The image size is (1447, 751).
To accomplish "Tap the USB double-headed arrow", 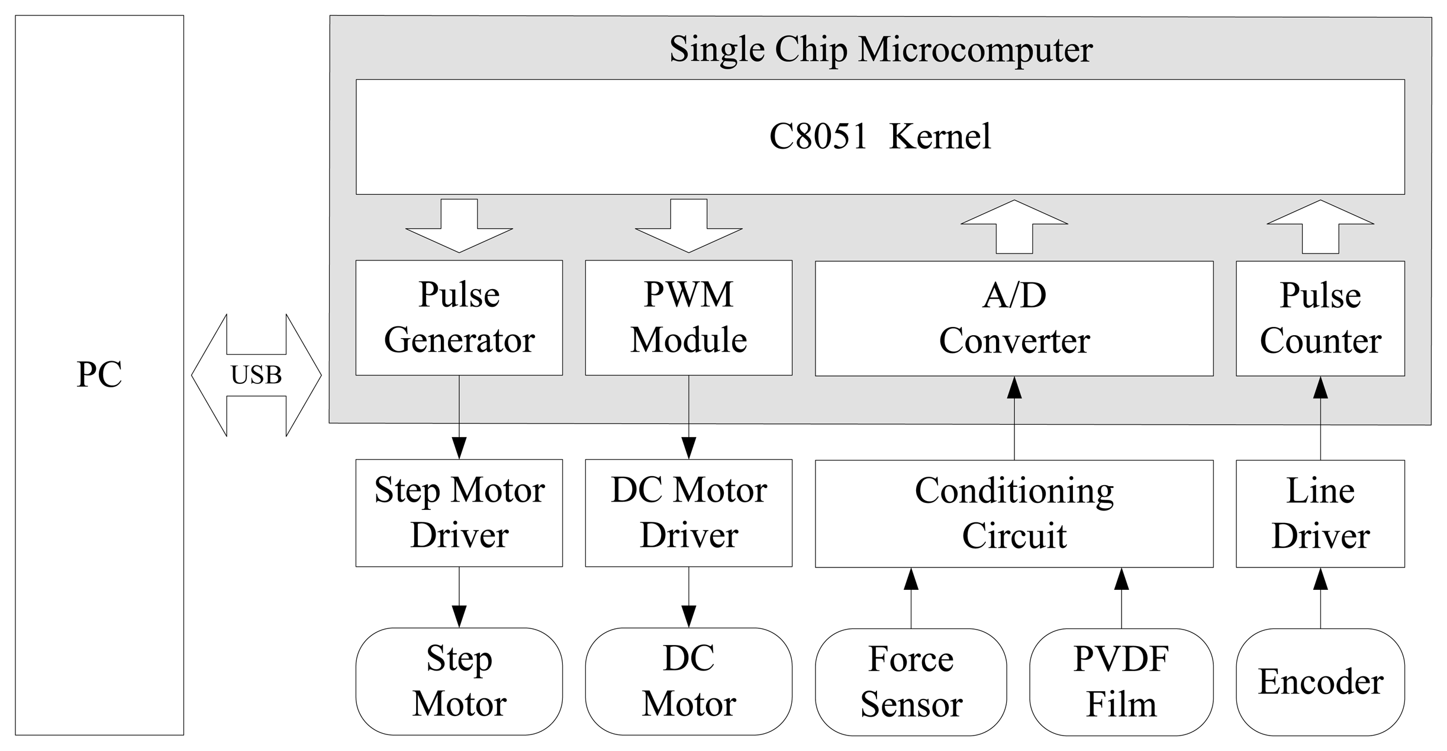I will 256,375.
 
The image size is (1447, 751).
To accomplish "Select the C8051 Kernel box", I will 879,137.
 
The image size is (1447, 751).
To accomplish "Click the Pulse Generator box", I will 459,317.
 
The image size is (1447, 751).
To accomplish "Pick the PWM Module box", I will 688,317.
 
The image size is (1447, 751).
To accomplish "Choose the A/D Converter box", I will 1014,318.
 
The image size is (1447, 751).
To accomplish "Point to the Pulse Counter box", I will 1320,318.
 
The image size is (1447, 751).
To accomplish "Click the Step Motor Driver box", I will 459,513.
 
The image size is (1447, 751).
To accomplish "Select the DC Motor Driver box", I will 688,513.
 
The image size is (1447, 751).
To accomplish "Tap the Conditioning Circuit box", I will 1014,513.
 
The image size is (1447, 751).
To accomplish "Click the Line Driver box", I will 1320,513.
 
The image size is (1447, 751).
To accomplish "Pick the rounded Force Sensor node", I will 910,682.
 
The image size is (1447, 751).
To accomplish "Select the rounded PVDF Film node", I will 1121,682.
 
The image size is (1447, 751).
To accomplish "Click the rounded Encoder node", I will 1320,682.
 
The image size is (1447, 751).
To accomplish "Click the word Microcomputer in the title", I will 975,50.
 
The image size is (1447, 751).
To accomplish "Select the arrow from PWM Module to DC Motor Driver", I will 688,417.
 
